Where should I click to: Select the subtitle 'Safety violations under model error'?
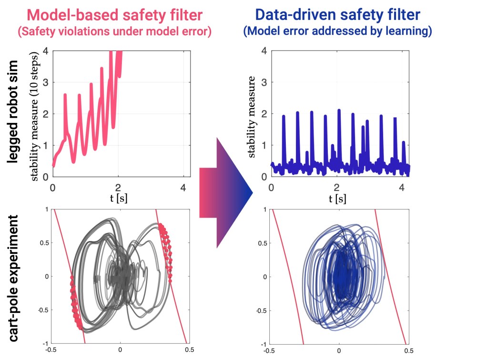[115, 32]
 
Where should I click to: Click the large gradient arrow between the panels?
[226, 192]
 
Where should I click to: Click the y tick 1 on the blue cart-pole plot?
[261, 209]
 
